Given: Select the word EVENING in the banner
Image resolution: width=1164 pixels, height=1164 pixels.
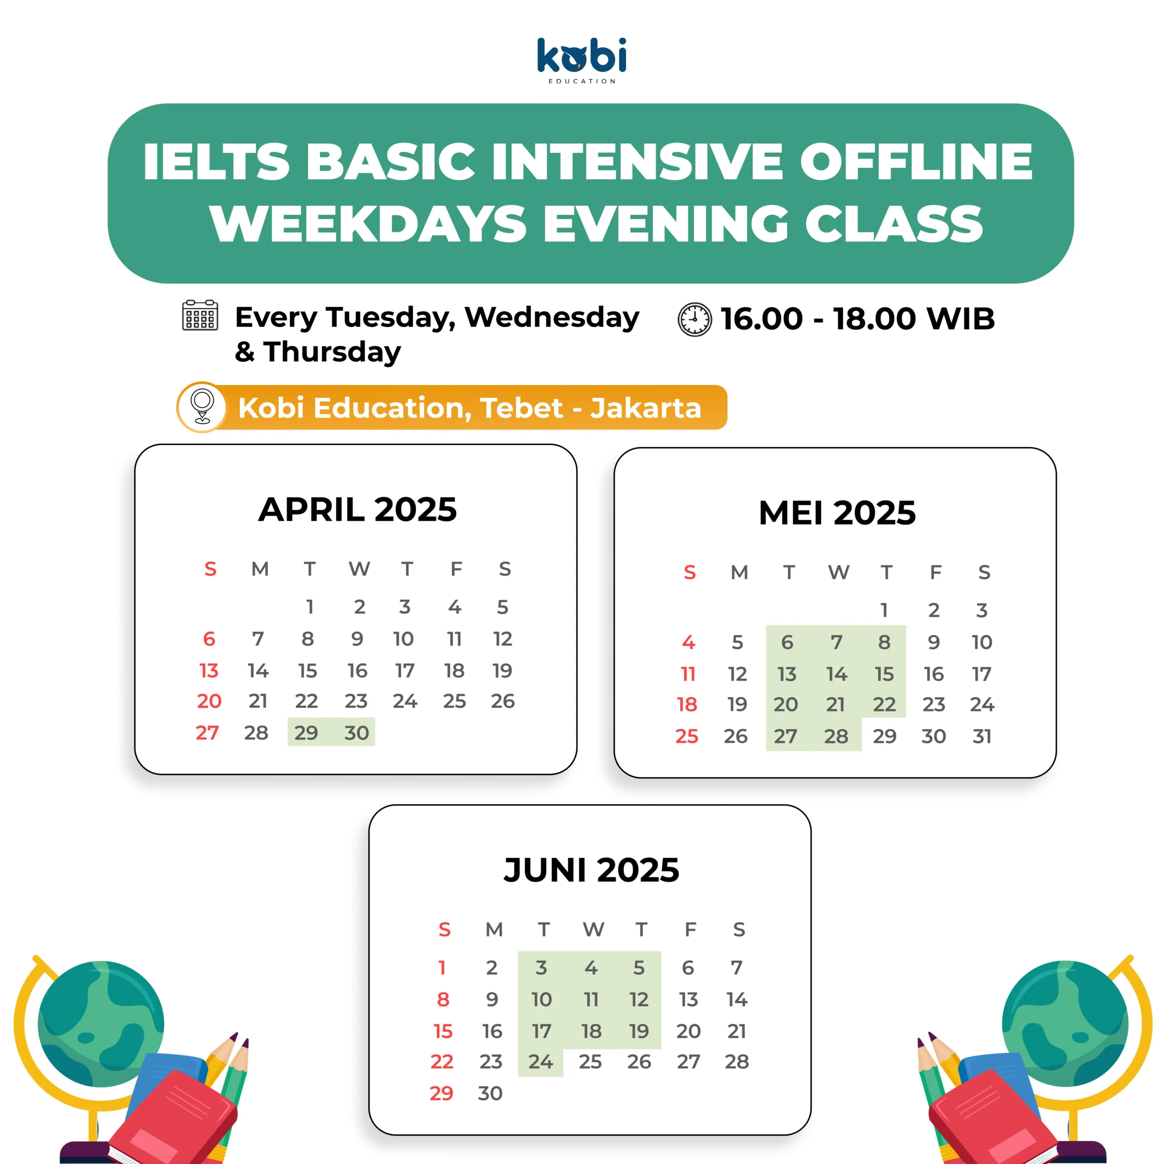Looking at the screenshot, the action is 667,224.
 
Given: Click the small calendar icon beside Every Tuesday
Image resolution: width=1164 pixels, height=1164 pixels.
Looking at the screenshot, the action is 200,315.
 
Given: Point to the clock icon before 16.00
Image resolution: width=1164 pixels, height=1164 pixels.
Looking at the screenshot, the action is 695,319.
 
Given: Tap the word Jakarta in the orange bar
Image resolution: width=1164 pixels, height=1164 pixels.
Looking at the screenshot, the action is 646,408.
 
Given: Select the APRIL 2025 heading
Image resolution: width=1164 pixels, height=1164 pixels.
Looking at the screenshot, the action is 357,510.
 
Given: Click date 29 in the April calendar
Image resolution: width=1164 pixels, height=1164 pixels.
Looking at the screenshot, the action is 306,733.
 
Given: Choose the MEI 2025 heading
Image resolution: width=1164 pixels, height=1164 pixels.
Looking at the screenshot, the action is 837,513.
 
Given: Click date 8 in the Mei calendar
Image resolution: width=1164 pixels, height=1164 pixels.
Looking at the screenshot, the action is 884,642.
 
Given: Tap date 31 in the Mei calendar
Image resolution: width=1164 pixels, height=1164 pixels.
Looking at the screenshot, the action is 982,736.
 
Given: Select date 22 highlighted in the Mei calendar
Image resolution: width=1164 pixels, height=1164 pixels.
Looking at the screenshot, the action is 884,704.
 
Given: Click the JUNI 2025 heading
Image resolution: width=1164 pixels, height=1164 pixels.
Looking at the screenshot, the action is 591,870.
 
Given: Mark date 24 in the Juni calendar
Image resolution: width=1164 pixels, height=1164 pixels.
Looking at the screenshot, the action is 541,1062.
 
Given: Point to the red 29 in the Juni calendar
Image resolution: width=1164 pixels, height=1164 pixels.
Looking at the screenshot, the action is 442,1093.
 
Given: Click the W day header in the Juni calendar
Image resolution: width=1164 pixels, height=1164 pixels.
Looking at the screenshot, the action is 593,930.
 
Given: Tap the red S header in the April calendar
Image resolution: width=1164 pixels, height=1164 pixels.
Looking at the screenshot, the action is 210,569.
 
